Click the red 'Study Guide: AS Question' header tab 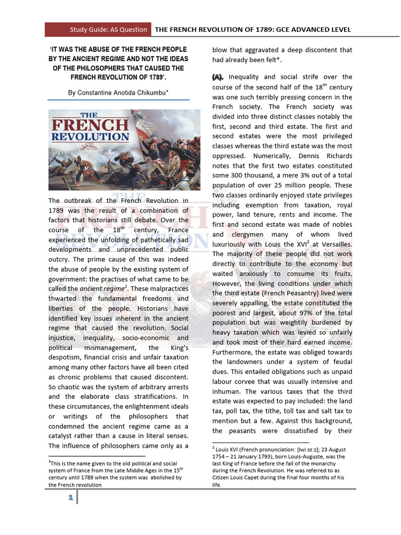coord(98,29)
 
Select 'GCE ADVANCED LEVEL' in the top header coord(308,29)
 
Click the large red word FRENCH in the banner coord(90,125)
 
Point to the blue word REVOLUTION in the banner coord(90,137)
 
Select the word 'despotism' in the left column coord(67,357)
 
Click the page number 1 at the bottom coord(69,498)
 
